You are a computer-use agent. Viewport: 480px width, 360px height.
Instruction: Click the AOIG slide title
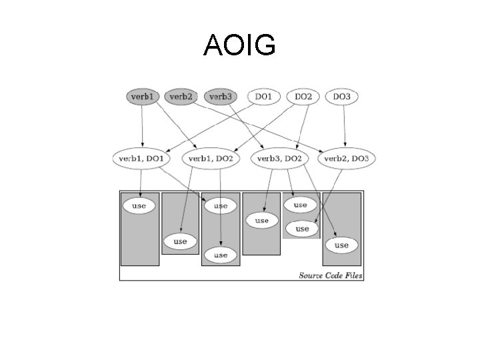pos(239,45)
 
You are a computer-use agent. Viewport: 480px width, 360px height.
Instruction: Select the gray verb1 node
pos(142,97)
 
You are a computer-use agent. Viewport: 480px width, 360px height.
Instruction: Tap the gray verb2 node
pos(181,97)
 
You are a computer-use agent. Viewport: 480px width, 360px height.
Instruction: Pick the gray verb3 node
pos(220,97)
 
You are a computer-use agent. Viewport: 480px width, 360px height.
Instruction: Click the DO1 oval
pos(263,97)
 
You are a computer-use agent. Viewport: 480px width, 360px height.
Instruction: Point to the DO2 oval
pos(303,97)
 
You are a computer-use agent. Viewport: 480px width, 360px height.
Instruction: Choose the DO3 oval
pos(341,97)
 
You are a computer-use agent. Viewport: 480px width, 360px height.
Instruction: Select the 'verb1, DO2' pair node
pos(211,159)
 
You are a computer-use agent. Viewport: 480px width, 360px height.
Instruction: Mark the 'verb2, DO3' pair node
pos(346,159)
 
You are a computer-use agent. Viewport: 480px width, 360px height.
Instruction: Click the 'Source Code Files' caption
pos(331,275)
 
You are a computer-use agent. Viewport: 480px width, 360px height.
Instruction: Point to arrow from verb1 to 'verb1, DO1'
pos(141,127)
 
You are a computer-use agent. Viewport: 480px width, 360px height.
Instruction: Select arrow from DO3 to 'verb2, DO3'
pos(344,127)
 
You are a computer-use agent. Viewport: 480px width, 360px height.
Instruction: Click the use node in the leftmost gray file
pos(139,206)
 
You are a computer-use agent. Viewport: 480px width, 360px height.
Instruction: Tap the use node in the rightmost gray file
pos(341,245)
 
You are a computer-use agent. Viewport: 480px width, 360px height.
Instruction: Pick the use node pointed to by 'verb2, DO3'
pos(302,229)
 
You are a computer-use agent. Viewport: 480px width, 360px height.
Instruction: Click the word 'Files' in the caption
pos(351,275)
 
